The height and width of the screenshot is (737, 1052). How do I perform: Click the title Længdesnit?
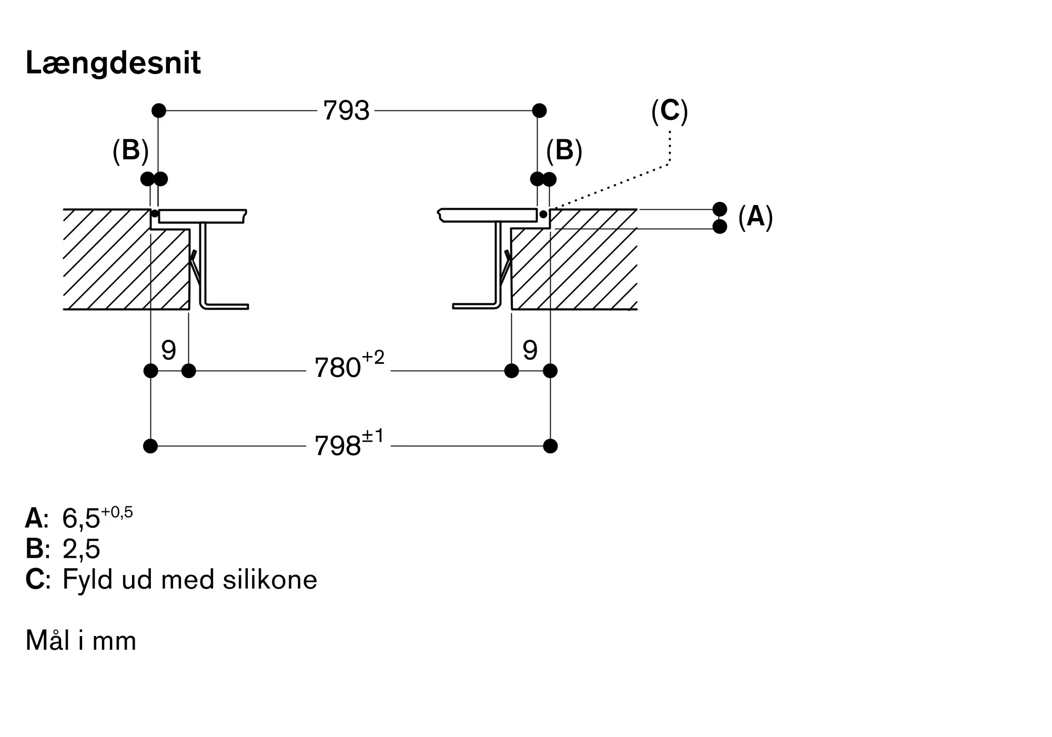point(113,64)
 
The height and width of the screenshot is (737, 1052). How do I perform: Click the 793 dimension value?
point(346,111)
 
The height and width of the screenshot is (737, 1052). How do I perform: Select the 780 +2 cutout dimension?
point(349,366)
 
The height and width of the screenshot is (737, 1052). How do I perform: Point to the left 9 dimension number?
point(168,350)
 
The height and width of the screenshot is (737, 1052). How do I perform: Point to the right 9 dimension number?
point(530,350)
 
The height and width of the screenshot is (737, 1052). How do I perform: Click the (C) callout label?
point(669,111)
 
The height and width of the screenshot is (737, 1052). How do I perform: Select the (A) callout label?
point(755,217)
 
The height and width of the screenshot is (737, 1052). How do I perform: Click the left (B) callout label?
point(130,151)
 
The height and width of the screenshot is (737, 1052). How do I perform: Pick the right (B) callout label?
point(564,151)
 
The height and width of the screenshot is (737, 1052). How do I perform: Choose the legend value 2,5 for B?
point(81,549)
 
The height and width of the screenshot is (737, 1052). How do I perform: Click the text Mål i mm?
point(81,641)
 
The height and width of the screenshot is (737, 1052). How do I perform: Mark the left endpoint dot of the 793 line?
point(158,111)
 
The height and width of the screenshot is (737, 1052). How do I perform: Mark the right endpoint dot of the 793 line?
point(539,111)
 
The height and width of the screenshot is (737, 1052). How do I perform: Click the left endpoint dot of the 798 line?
point(150,446)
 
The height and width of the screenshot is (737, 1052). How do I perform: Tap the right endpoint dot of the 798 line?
point(550,446)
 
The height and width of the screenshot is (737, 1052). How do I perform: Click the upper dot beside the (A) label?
point(720,209)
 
